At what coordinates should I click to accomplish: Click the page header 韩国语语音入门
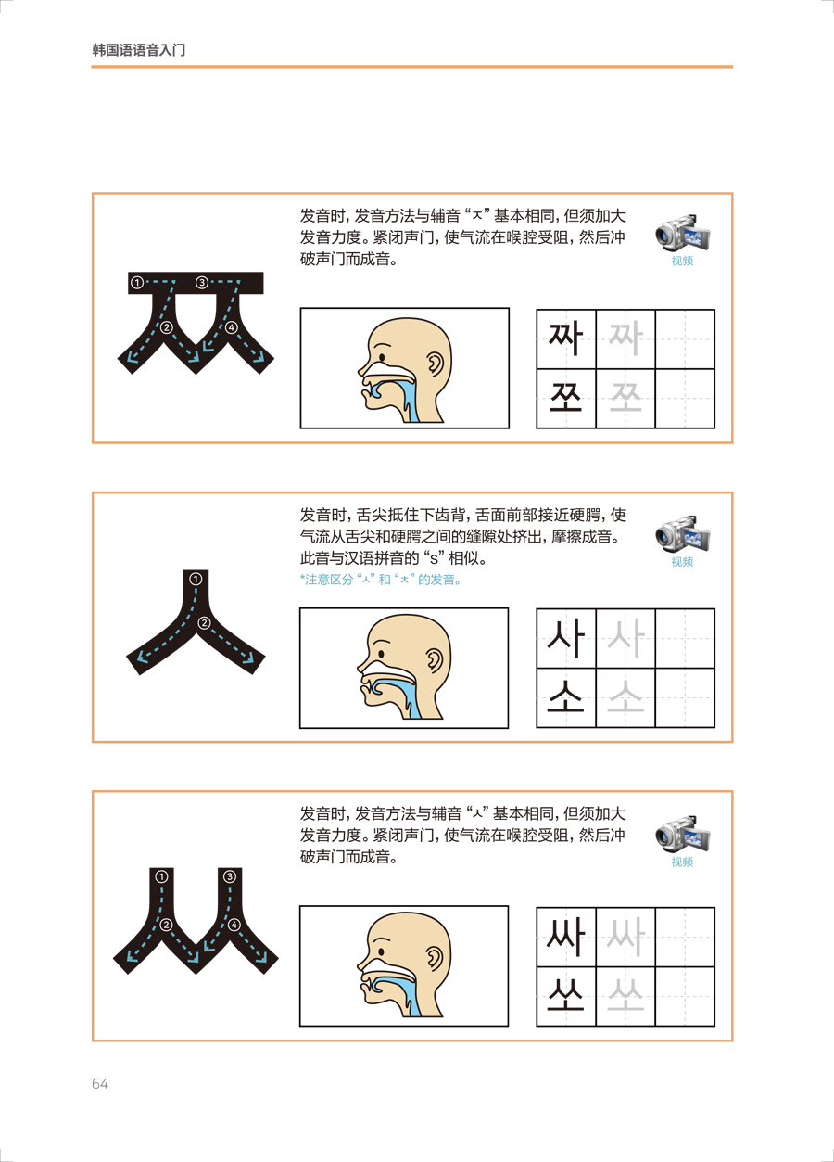tap(138, 50)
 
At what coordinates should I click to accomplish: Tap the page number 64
tap(100, 1084)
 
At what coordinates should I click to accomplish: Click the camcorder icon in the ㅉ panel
tap(682, 234)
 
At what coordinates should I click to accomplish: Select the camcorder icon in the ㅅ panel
tap(682, 534)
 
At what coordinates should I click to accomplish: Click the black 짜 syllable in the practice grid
tap(565, 338)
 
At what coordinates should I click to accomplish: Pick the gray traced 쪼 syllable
tap(625, 399)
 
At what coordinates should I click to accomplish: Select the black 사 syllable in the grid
tap(565, 637)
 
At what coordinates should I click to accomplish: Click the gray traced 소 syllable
tap(625, 696)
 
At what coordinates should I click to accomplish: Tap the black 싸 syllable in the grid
tap(565, 937)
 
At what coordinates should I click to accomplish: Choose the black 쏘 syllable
tap(565, 996)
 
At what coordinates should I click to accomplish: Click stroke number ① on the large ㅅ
tap(196, 579)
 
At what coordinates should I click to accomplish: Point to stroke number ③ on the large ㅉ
tap(202, 283)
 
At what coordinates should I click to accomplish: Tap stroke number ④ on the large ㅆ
tap(234, 925)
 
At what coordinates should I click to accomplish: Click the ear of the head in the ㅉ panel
tap(435, 364)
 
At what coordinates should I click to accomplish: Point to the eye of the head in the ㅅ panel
tap(382, 655)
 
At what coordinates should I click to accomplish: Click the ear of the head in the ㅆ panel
tap(435, 962)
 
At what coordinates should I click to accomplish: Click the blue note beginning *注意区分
tap(381, 580)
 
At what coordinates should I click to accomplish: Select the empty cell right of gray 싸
tap(685, 937)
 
